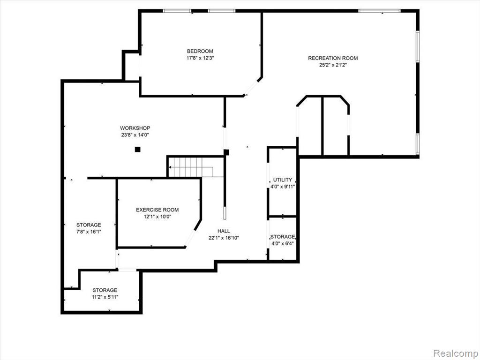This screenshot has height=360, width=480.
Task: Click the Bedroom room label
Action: click(200, 51)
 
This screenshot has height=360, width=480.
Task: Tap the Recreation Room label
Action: click(333, 58)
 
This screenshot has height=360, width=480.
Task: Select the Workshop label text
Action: click(135, 128)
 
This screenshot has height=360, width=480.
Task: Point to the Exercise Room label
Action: click(157, 210)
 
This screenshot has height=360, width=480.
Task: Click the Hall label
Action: click(224, 231)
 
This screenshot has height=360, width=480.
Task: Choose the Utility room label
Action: click(283, 180)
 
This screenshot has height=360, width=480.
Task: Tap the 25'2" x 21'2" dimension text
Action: click(333, 65)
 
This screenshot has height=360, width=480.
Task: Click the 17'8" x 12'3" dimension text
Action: click(200, 58)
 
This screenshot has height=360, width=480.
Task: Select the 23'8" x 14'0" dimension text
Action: click(135, 135)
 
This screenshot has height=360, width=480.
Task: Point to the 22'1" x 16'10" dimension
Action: click(224, 238)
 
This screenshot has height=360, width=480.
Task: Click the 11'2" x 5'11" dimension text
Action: click(105, 297)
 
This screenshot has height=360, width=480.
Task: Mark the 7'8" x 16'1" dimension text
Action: click(89, 232)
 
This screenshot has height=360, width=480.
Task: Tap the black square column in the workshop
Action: click(138, 150)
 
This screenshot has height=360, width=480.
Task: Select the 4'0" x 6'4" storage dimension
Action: click(283, 244)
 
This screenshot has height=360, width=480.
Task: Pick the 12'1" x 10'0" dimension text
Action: click(157, 217)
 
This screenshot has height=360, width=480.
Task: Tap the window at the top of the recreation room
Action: click(379, 11)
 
